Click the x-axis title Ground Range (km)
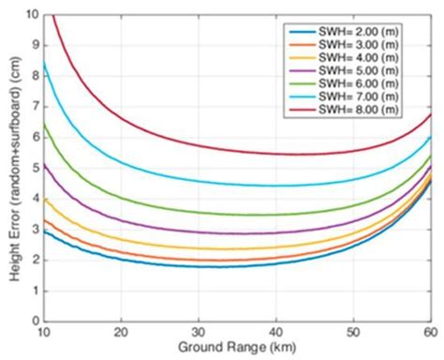click(238, 351)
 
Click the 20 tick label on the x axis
click(120, 332)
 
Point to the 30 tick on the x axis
click(198, 332)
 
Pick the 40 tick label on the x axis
click(275, 332)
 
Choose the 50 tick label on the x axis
click(353, 332)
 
